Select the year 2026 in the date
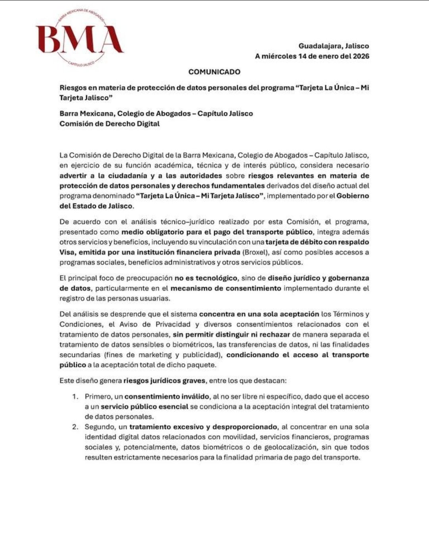tap(361, 56)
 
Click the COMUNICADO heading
tap(214, 72)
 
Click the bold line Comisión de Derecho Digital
tap(110, 124)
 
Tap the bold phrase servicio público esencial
tap(144, 407)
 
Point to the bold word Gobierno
tap(353, 196)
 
